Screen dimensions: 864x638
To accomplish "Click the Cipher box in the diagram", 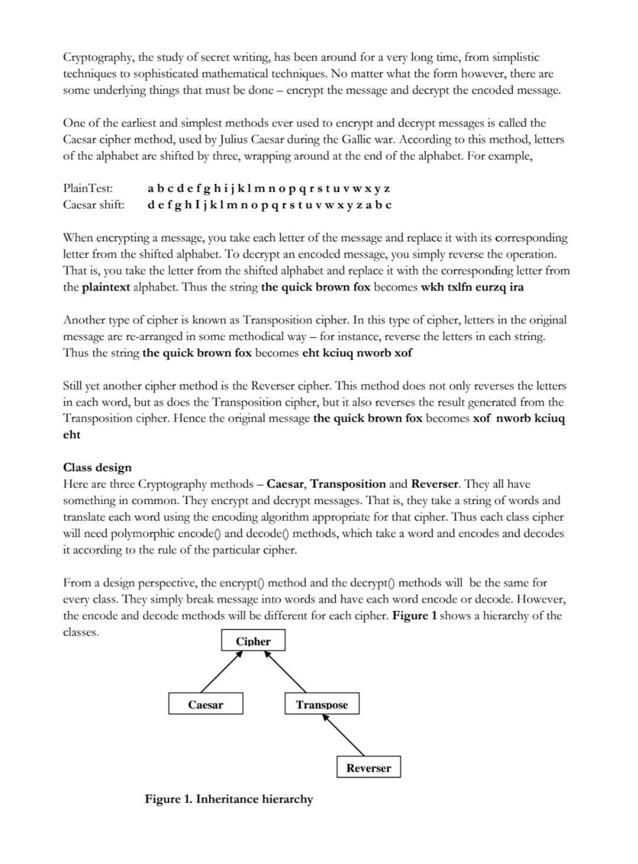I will pos(253,641).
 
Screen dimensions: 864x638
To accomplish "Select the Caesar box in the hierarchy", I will pos(206,704).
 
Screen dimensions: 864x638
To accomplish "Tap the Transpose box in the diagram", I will pos(322,704).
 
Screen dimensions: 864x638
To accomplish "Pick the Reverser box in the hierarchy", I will pos(369,767).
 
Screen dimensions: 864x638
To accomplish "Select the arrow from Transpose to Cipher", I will pos(285,672).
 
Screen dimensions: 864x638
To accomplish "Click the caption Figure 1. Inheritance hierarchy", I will pos(229,799).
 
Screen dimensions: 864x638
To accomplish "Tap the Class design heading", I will pos(97,467).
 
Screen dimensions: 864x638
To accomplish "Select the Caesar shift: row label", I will pos(93,205).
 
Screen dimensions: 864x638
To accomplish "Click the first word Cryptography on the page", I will pos(98,57).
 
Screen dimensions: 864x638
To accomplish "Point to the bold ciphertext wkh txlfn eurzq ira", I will pos(472,287).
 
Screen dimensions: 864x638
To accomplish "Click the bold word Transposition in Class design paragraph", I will pos(348,484).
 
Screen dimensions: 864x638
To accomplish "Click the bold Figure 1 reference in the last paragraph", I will pos(414,616).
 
